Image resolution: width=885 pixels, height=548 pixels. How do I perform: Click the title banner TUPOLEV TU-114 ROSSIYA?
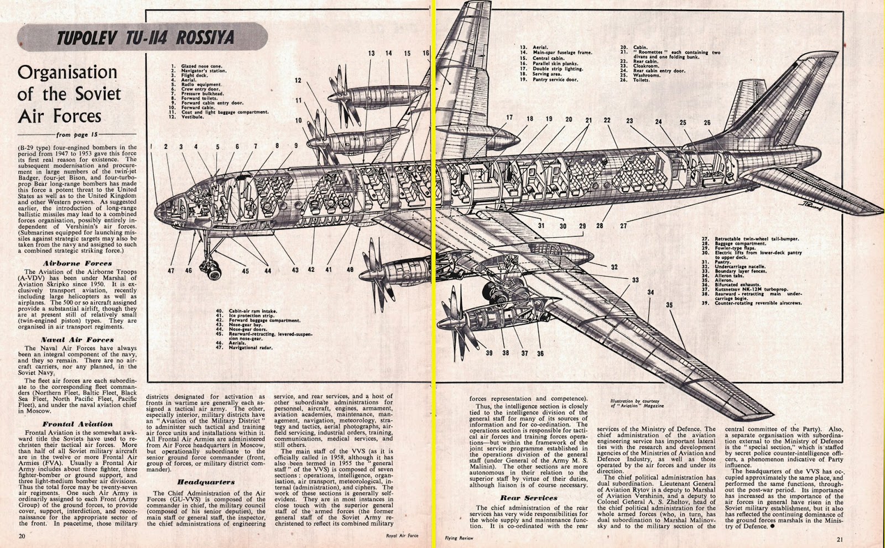pos(144,38)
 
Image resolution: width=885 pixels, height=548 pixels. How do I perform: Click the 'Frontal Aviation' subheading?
pos(77,424)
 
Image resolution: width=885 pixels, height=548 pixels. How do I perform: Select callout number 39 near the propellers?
pos(489,353)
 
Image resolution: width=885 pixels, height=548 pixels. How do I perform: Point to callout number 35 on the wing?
pos(669,305)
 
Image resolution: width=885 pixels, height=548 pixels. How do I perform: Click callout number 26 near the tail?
pos(707,123)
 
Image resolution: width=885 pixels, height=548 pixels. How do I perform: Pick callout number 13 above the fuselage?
pos(371,54)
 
